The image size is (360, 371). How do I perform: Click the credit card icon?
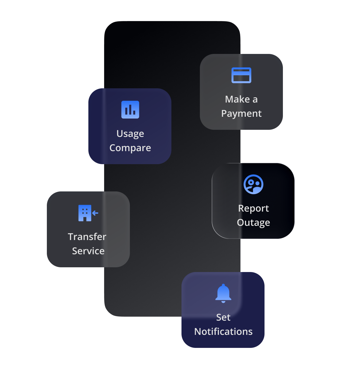(x=241, y=75)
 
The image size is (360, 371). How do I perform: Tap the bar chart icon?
(x=130, y=110)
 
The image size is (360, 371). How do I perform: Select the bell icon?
(x=223, y=293)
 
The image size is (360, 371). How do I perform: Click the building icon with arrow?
(x=85, y=213)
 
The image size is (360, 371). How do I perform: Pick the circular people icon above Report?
(x=254, y=184)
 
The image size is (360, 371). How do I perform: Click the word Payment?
(x=241, y=113)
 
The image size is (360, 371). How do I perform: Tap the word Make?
(x=237, y=99)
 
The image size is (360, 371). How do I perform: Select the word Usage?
(x=130, y=134)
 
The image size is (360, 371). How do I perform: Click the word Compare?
(x=130, y=148)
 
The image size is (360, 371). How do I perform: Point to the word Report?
(x=254, y=208)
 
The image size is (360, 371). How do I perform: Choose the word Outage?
(x=254, y=223)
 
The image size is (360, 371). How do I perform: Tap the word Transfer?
(x=87, y=237)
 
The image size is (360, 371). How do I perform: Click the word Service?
(x=88, y=251)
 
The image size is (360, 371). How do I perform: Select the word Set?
(x=223, y=317)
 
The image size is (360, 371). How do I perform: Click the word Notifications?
(x=223, y=332)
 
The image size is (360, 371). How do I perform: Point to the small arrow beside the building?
(x=95, y=213)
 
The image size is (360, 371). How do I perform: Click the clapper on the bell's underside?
(x=223, y=302)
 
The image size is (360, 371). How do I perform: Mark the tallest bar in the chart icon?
(x=130, y=110)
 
